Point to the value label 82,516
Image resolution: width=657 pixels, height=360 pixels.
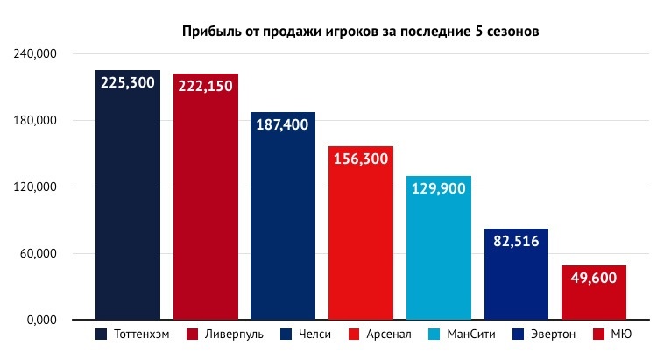coord(516,241)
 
